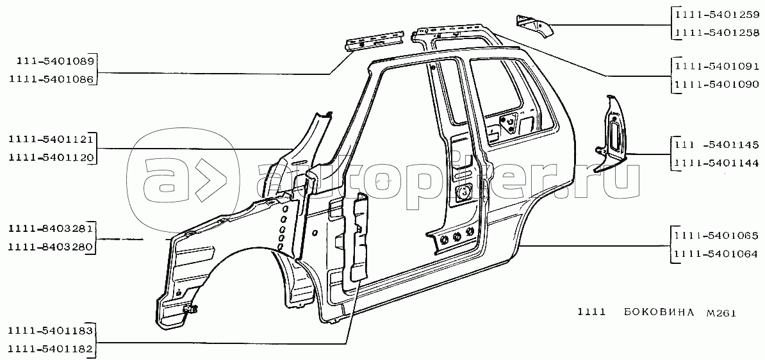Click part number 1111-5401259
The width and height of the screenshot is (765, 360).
click(x=717, y=15)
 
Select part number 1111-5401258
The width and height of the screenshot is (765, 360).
click(x=717, y=33)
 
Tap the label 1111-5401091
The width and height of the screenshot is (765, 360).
click(x=717, y=67)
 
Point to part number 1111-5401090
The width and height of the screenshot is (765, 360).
click(x=717, y=85)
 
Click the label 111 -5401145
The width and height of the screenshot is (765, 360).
click(x=717, y=145)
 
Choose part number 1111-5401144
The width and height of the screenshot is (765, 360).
click(x=717, y=163)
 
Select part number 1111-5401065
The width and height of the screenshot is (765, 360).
click(x=717, y=236)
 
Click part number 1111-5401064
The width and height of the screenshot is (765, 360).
click(x=717, y=254)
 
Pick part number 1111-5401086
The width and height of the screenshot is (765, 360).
click(x=51, y=79)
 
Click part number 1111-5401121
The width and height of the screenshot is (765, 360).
click(x=51, y=140)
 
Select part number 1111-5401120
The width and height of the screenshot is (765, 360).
click(x=51, y=158)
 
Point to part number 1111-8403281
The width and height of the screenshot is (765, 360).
click(x=51, y=230)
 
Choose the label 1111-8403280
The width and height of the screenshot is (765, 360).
click(x=51, y=248)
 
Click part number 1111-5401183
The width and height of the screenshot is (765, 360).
click(x=51, y=331)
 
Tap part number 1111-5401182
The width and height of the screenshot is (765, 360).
click(x=51, y=349)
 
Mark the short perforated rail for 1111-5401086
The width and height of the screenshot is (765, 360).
click(x=375, y=40)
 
